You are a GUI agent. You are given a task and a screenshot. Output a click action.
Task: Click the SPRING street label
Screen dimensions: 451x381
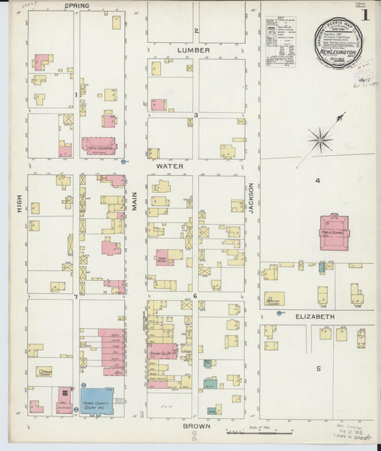point(77,6)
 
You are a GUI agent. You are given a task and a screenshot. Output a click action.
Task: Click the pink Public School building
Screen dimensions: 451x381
point(333,233)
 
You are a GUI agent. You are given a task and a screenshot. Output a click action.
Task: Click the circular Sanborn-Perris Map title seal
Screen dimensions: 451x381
point(339,44)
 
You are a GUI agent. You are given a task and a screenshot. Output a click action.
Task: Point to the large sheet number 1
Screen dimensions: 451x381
point(365,14)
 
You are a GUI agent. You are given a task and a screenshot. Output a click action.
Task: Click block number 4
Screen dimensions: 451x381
point(317,181)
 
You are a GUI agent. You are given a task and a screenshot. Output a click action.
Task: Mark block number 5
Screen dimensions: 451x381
point(319,369)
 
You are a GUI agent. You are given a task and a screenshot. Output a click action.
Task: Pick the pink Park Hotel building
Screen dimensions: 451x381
point(164,257)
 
